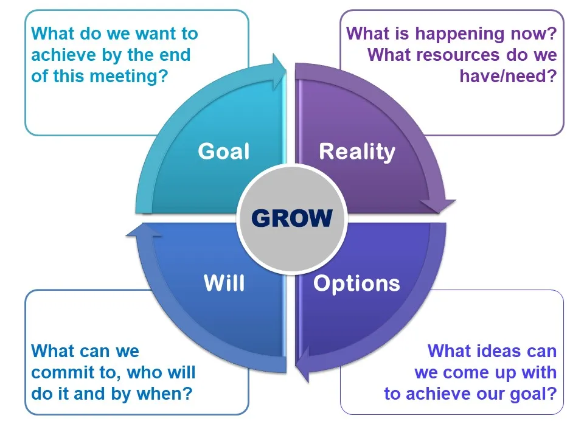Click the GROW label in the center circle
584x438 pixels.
pyautogui.click(x=292, y=217)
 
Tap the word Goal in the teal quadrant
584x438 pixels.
pyautogui.click(x=224, y=151)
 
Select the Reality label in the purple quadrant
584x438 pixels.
pyautogui.click(x=357, y=151)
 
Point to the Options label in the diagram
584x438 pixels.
pyautogui.click(x=356, y=283)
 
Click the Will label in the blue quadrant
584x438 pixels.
pyautogui.click(x=224, y=283)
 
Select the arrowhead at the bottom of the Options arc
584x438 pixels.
pyautogui.click(x=302, y=359)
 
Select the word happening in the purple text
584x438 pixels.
pyautogui.click(x=459, y=33)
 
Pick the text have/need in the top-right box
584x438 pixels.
pyautogui.click(x=508, y=77)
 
